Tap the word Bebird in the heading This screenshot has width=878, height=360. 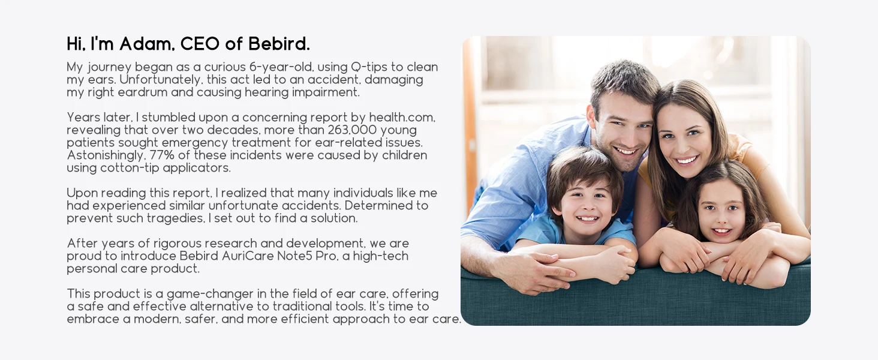click(279, 44)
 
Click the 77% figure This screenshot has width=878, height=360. click(162, 155)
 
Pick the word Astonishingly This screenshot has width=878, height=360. click(106, 155)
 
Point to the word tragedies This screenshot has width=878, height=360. click(176, 218)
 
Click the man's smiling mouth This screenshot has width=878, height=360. click(626, 151)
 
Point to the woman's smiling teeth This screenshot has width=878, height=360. click(687, 160)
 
